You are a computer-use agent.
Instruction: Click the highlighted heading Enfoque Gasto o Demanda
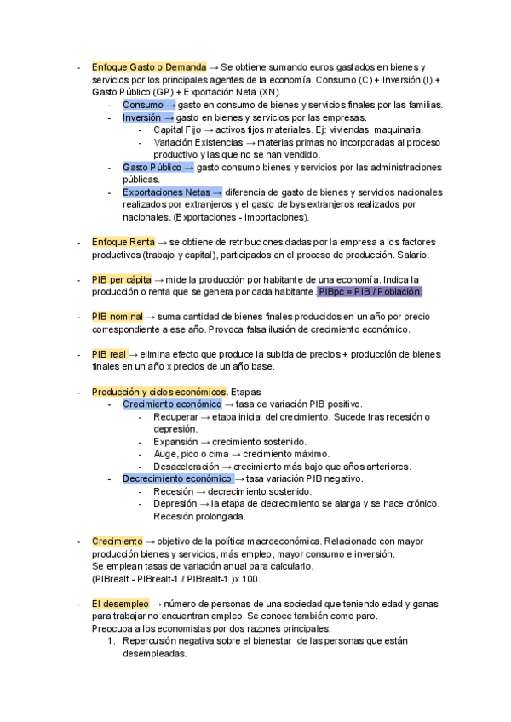(148, 66)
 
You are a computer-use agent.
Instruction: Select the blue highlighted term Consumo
(143, 105)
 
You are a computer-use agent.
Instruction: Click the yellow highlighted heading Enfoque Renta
(123, 242)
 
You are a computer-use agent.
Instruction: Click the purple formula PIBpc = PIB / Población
(370, 292)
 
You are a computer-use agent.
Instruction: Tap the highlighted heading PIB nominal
(118, 317)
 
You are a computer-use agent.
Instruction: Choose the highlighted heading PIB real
(108, 354)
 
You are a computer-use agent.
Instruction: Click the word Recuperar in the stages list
(175, 416)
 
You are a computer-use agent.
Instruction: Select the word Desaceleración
(186, 467)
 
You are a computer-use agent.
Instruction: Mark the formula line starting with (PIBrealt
(175, 579)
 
